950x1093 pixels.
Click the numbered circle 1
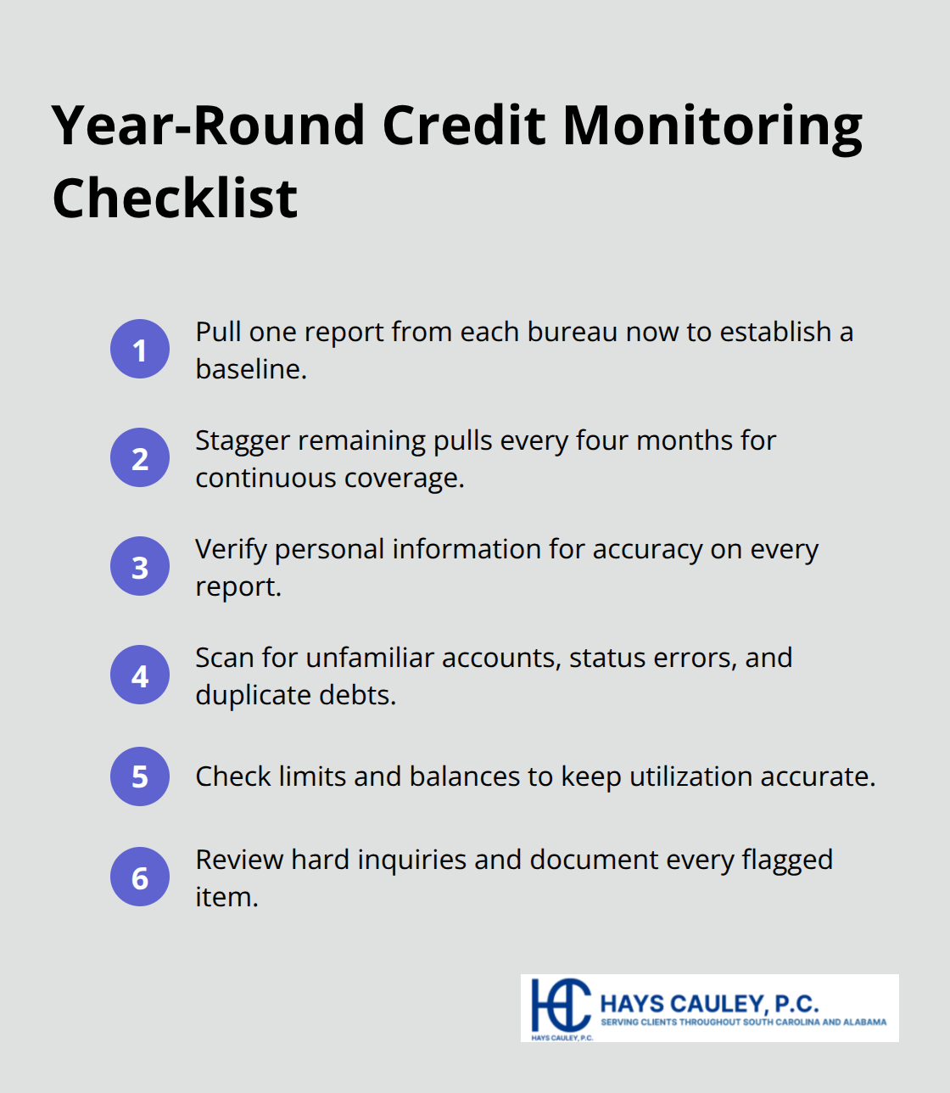pos(140,349)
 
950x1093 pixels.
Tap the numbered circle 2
pos(140,457)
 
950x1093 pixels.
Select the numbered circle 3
pos(140,566)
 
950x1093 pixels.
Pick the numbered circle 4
pos(140,675)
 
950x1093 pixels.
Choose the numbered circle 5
pos(140,776)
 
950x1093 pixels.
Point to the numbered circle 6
pos(140,877)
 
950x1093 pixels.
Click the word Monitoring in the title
pos(712,126)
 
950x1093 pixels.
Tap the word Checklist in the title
pos(175,199)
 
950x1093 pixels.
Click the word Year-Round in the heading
pos(209,126)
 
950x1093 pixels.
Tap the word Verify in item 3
pos(231,550)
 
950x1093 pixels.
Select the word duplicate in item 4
pos(253,696)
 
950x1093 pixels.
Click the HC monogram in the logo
pos(560,1005)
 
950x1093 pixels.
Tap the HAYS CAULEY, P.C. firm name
pos(709,1004)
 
